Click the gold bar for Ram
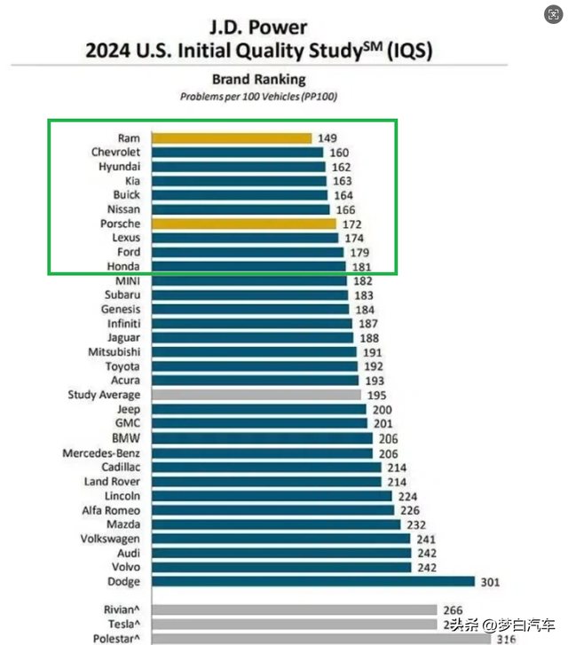coord(231,138)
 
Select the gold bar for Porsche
coord(243,224)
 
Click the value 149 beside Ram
coord(327,138)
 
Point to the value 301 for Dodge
coord(491,582)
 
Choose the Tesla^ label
coord(122,625)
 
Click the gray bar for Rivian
coord(294,610)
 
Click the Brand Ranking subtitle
coord(258,80)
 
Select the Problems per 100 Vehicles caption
coord(258,96)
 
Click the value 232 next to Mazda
coord(417,524)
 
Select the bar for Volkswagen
coord(280,539)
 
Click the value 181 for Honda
coord(359,266)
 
